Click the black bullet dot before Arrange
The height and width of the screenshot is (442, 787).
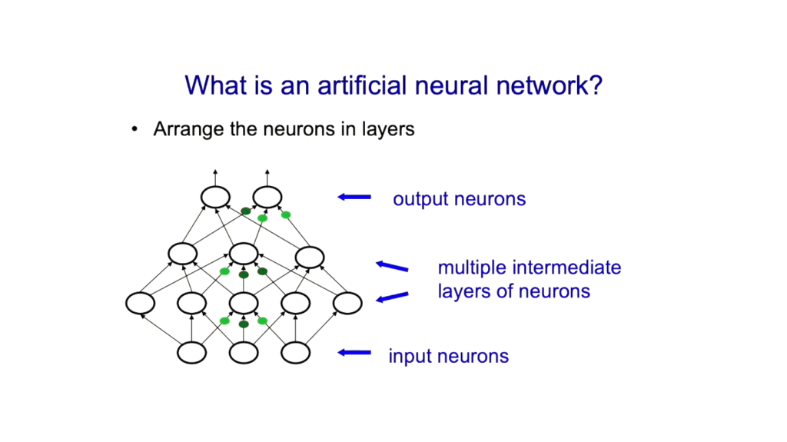point(134,129)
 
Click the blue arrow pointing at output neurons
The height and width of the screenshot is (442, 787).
point(354,197)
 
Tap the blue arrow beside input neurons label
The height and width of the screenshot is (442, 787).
point(354,353)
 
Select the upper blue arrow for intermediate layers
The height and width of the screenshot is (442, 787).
point(392,266)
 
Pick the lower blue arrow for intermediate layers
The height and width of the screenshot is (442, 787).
point(392,297)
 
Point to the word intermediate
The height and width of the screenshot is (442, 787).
point(564,268)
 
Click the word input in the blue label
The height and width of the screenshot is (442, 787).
point(410,357)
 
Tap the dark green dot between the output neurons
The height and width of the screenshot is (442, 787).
point(246,211)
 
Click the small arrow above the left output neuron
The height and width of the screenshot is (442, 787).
point(215,178)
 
